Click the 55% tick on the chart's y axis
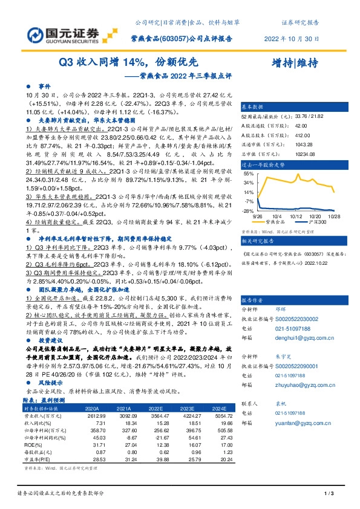[x=248, y=173]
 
